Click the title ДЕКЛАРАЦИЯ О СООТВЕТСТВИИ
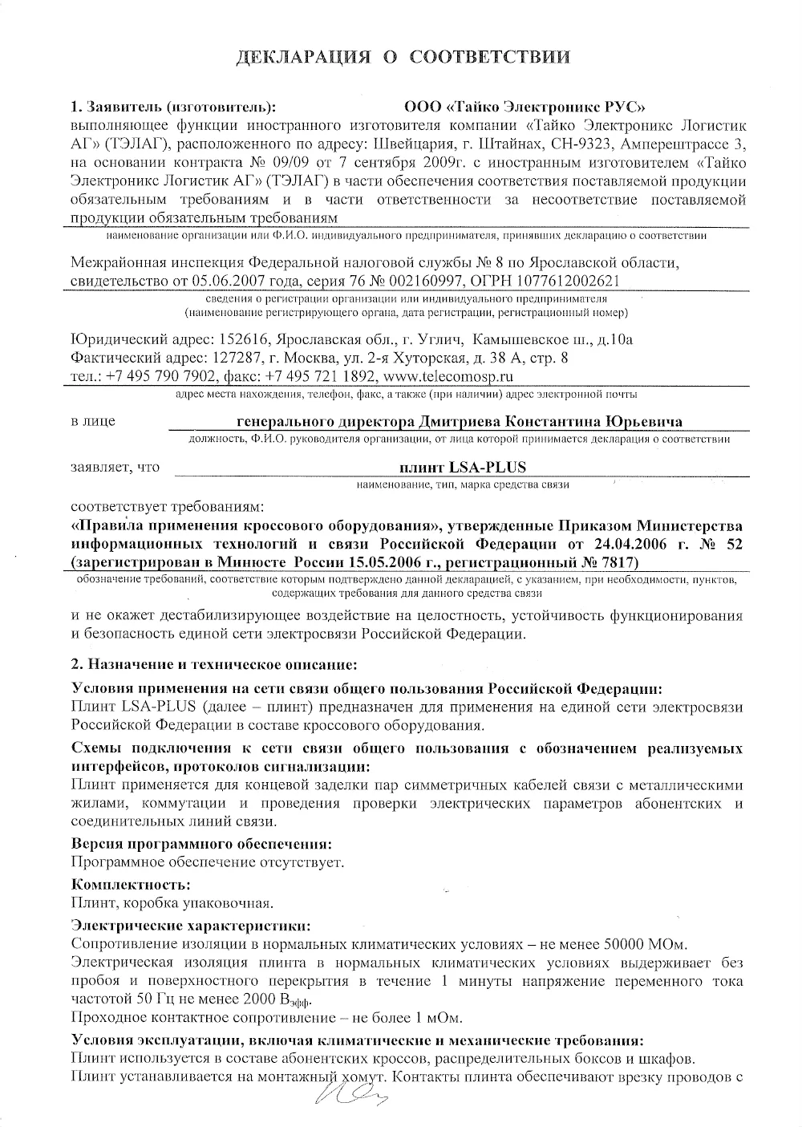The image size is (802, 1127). click(x=403, y=57)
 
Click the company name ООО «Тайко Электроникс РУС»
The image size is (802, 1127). click(x=525, y=107)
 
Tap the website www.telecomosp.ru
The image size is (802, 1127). click(x=449, y=375)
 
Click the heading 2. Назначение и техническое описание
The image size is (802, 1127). click(x=214, y=664)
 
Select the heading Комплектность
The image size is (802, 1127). click(x=132, y=885)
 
